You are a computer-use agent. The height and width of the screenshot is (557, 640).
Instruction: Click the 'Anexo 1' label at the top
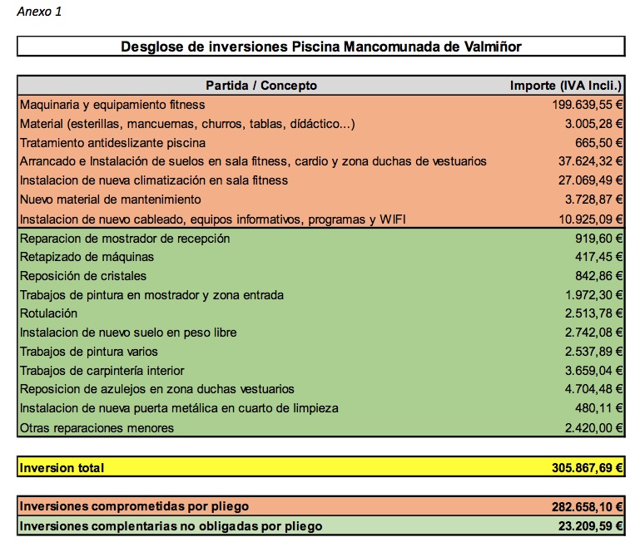39,12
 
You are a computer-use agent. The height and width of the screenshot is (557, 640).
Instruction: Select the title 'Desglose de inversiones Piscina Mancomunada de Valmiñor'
320,47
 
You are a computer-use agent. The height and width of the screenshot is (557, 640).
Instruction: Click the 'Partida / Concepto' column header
261,86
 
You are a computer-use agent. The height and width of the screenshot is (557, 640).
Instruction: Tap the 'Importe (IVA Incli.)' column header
567,86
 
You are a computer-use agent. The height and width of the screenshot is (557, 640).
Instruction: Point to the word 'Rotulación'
48,313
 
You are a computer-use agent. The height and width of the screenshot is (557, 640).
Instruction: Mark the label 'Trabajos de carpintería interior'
102,371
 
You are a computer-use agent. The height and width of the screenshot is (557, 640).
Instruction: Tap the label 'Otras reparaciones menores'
97,428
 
